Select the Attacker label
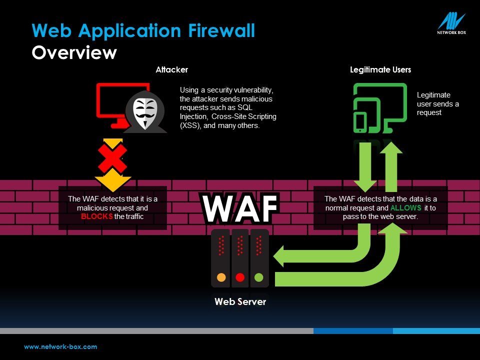click(x=171, y=69)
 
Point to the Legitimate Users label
click(x=380, y=69)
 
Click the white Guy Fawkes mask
click(x=144, y=112)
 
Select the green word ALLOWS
click(x=405, y=207)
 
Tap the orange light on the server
click(x=221, y=277)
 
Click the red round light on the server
click(x=240, y=277)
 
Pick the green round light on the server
click(x=258, y=277)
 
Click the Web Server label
click(x=240, y=301)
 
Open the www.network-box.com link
click(x=60, y=346)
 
